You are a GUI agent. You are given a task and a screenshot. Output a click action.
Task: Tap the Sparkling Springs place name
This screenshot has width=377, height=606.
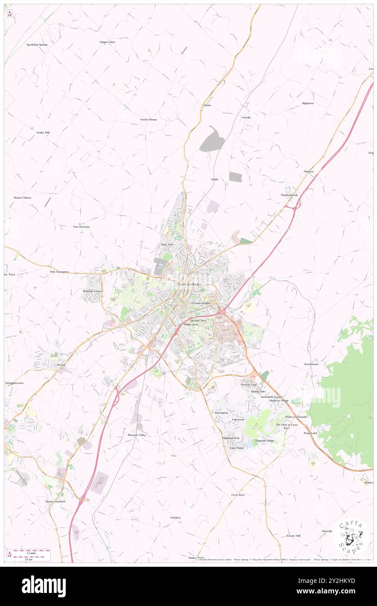point(37,44)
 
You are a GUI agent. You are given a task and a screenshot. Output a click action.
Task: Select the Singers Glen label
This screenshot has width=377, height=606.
point(107,42)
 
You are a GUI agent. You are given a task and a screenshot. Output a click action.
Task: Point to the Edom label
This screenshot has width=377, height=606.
point(207,105)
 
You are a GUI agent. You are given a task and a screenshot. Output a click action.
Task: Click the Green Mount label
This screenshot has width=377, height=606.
point(148,119)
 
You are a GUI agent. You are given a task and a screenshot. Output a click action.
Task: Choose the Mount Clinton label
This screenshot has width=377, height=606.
point(22,197)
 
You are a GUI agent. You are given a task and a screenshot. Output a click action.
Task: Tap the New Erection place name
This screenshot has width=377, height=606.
point(81,227)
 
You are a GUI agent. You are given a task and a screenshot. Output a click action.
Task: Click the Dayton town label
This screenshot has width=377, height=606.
point(61,365)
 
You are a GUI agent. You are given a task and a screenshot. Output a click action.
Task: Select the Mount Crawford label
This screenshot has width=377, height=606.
point(55,501)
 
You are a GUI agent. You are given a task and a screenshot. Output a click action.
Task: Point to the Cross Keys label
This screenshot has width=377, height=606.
point(238,495)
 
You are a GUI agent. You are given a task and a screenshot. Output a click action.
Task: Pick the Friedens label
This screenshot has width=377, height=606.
point(175,517)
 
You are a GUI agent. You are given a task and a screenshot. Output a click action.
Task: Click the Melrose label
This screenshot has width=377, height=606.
point(309,172)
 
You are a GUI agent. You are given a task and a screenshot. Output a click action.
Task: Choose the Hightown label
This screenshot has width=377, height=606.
point(308,103)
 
